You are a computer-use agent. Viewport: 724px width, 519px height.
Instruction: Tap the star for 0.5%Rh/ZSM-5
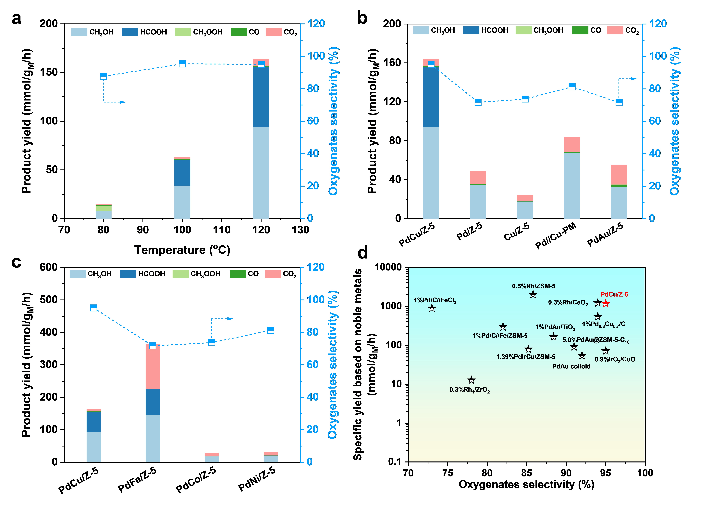coord(533,294)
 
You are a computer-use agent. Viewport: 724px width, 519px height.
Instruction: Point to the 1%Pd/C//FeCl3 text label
coord(435,300)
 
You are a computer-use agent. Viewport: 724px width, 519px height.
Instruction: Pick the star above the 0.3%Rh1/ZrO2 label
coord(471,380)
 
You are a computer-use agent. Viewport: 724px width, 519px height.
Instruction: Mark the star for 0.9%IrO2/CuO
coord(606,350)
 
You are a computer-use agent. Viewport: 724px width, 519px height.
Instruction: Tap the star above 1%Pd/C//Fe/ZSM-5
coord(503,326)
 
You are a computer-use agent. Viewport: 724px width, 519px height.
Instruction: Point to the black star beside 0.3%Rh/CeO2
coord(598,302)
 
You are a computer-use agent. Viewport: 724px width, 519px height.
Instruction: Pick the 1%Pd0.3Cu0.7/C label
coord(603,324)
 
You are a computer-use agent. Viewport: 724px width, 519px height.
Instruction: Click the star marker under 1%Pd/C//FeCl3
coord(432,308)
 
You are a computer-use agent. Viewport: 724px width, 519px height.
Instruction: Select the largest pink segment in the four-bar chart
coord(153,367)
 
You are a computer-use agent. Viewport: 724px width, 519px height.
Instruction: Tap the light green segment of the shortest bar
coord(103,208)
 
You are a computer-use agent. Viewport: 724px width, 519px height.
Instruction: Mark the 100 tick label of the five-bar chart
coord(658,56)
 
